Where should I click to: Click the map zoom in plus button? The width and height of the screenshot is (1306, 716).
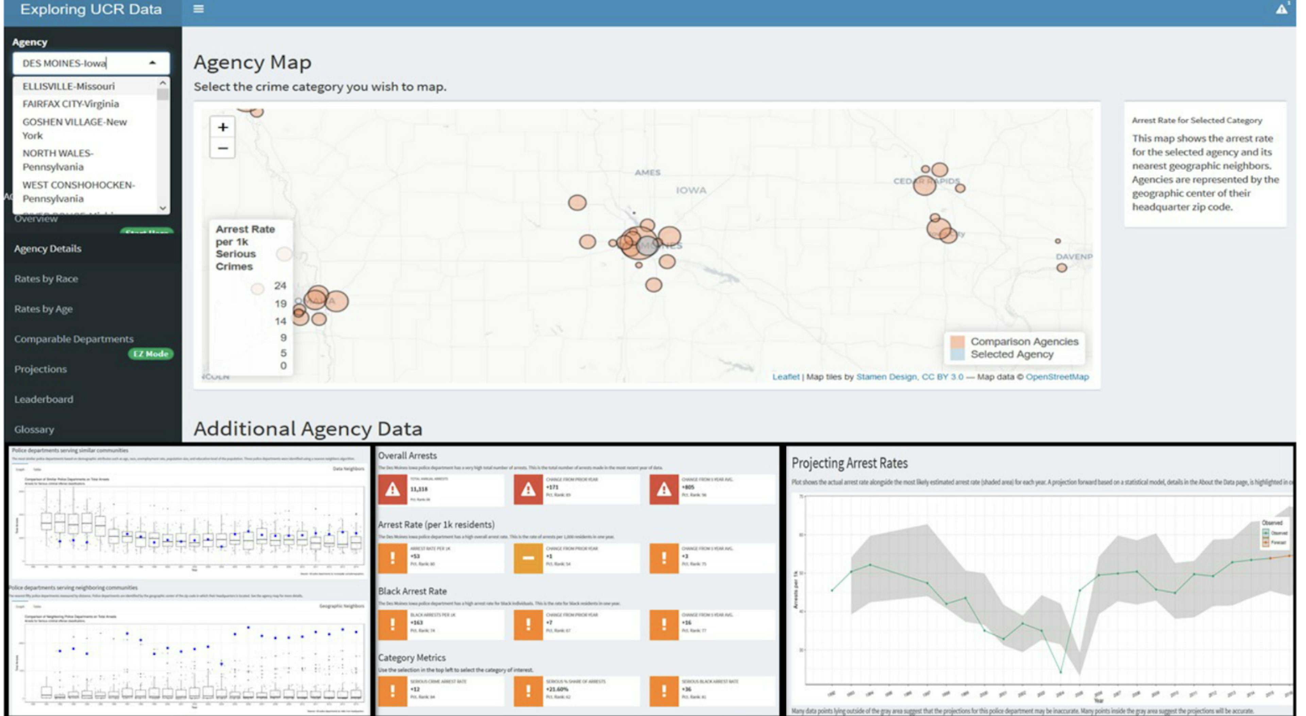pos(222,127)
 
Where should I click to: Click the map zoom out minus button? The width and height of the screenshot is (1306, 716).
pos(222,149)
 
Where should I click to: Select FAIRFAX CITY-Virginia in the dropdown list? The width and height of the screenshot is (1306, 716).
pos(70,104)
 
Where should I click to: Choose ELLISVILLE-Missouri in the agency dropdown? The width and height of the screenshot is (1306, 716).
pos(68,86)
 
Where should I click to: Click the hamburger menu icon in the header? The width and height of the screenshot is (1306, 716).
pos(199,9)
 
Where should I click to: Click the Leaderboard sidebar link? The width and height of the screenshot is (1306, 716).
pos(44,399)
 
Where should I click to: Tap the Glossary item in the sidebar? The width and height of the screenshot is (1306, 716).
pos(34,429)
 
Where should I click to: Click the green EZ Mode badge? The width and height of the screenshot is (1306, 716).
pos(151,354)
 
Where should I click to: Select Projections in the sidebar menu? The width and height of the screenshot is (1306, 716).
pos(40,369)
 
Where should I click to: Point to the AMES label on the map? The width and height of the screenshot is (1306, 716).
pos(648,172)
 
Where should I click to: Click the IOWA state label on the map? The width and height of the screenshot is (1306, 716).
pos(690,190)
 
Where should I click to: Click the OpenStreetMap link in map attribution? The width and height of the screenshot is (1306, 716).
pos(1057,376)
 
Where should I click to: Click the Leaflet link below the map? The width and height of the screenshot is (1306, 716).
pos(785,376)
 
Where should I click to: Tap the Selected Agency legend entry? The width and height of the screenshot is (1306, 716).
pos(1011,354)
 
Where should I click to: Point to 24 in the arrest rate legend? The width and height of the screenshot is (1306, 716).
pos(280,286)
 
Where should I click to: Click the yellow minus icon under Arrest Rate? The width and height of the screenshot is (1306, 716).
pos(528,558)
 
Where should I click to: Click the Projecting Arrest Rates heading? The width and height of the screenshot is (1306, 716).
pos(849,463)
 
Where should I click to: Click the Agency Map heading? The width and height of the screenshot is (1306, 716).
pos(252,62)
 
